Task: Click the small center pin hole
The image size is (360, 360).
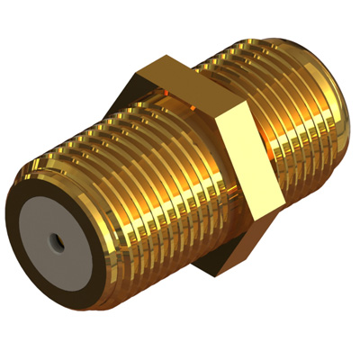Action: (x=57, y=242)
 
